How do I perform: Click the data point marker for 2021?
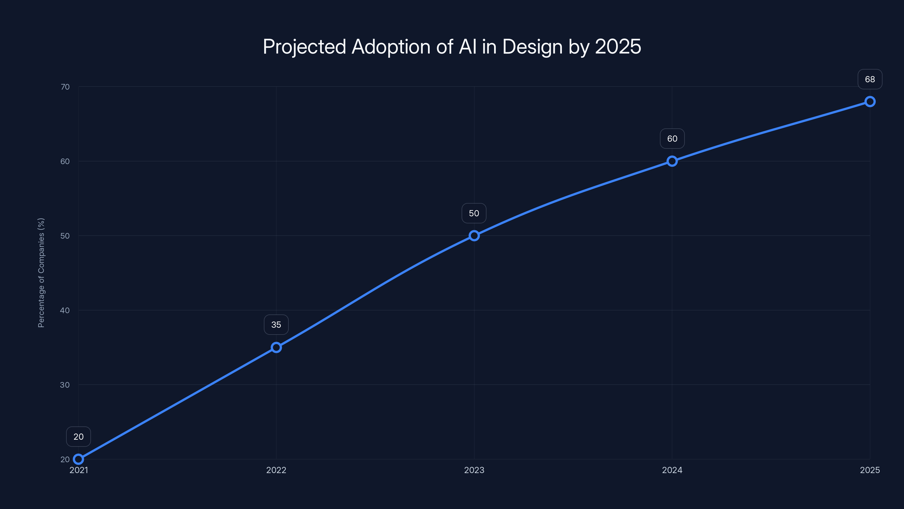point(78,459)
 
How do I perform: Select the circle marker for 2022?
point(276,348)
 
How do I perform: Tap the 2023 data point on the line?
point(474,236)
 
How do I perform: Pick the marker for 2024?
point(672,161)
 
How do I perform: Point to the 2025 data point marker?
point(870,102)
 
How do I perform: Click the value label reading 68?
point(870,79)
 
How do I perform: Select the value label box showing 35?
point(276,325)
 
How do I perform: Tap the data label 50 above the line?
point(474,213)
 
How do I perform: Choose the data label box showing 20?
point(79,437)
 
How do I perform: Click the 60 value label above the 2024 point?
point(672,139)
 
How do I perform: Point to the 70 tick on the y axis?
point(65,87)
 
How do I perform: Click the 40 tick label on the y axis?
point(65,310)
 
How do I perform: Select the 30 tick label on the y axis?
point(65,385)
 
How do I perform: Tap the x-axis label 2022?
point(276,470)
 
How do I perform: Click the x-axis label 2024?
point(672,470)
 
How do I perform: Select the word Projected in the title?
point(304,47)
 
